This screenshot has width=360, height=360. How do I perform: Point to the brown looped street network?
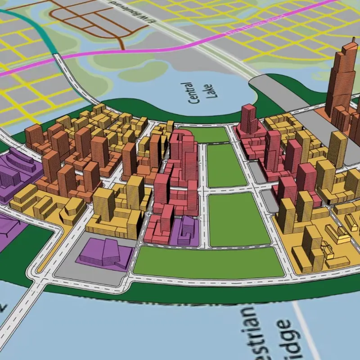coord(94,20)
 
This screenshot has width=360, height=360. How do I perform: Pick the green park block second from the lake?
coord(225,165)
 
